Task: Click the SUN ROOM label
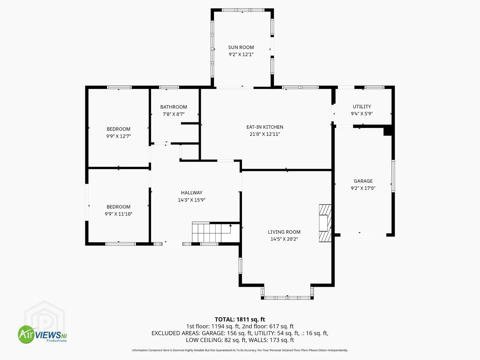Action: click(x=241, y=47)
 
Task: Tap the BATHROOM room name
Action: click(x=174, y=107)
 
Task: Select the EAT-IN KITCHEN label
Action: click(x=265, y=127)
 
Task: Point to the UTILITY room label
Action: click(x=362, y=106)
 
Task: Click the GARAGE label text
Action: click(x=363, y=181)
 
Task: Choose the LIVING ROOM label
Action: click(x=284, y=232)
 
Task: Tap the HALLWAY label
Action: click(x=192, y=193)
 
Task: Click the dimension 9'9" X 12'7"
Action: click(x=119, y=136)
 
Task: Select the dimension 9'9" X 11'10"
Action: click(x=119, y=214)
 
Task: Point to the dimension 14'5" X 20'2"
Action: click(x=284, y=239)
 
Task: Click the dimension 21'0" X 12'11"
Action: click(x=265, y=134)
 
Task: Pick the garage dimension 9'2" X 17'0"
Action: click(x=363, y=188)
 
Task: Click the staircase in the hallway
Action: click(x=216, y=232)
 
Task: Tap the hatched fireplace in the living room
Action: click(x=325, y=223)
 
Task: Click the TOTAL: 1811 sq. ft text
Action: click(x=240, y=319)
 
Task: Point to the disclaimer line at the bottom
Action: click(x=240, y=350)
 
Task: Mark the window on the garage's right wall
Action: click(x=393, y=176)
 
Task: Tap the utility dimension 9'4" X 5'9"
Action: click(x=362, y=114)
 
